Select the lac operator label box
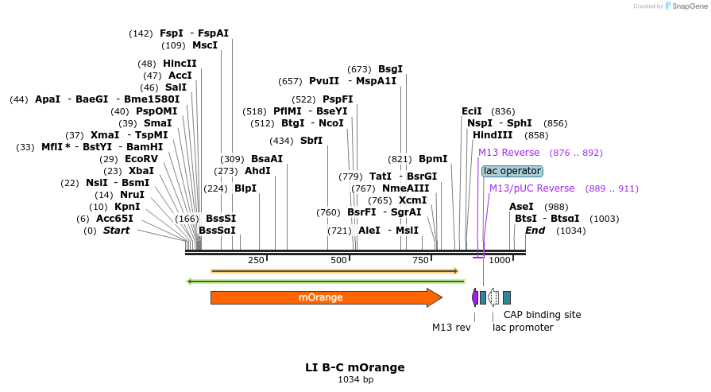click(x=512, y=171)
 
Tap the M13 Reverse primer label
click(x=508, y=153)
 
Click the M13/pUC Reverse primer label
click(x=531, y=188)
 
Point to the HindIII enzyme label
click(x=493, y=135)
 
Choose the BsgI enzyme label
click(x=390, y=69)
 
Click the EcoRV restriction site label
click(x=141, y=159)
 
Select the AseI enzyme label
click(x=521, y=207)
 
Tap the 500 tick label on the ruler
click(x=339, y=261)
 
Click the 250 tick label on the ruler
click(x=256, y=261)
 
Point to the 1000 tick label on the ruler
click(x=499, y=261)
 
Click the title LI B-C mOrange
click(x=355, y=367)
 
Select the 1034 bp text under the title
click(x=355, y=380)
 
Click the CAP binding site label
click(x=542, y=315)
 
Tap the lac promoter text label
click(x=523, y=328)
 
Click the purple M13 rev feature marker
click(x=475, y=297)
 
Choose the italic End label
click(x=535, y=231)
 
